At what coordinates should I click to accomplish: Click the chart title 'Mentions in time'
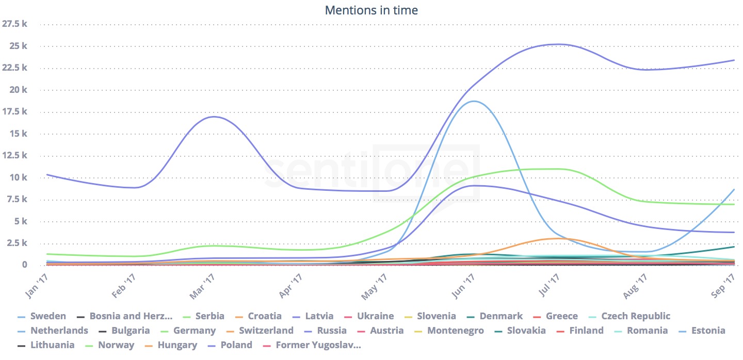click(x=371, y=10)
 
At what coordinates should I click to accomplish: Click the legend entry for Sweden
click(x=48, y=316)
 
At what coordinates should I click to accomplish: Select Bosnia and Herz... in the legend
click(x=130, y=316)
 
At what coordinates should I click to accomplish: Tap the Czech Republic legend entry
click(x=636, y=316)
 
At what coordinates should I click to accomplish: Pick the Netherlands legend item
click(x=59, y=331)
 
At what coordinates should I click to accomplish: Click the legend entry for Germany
click(x=194, y=331)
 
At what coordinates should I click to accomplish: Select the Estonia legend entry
click(x=707, y=331)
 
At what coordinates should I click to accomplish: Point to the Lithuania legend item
click(x=52, y=345)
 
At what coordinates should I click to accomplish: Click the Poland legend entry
click(x=235, y=345)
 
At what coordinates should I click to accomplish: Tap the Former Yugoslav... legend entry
click(x=318, y=345)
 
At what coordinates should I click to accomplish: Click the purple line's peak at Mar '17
click(x=214, y=117)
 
